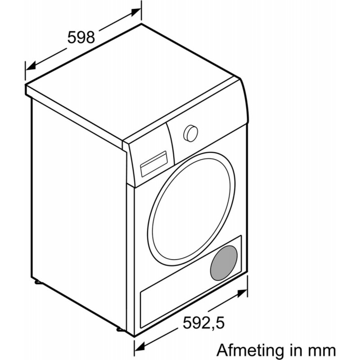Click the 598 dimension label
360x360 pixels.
point(81,36)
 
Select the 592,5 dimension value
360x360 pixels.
point(203,322)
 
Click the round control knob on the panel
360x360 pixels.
point(190,132)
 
